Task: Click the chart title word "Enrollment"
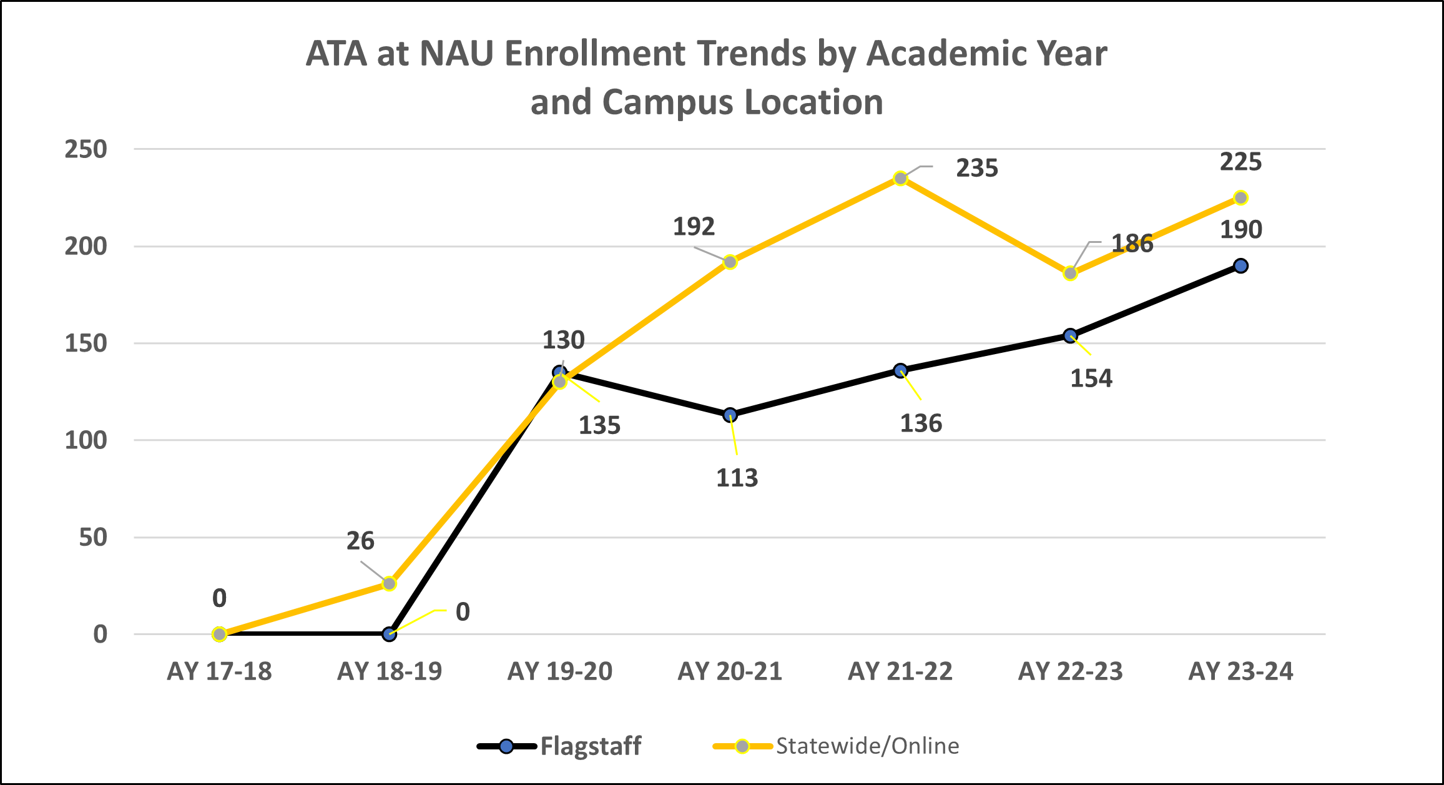click(595, 54)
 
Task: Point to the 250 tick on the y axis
click(86, 149)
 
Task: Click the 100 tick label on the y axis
click(86, 440)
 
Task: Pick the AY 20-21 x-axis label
click(730, 671)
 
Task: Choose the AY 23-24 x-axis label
click(1240, 671)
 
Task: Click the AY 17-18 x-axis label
click(219, 671)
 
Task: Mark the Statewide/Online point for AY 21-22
click(900, 179)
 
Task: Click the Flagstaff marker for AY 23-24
click(1241, 266)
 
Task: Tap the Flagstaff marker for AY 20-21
click(730, 415)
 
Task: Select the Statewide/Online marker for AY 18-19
click(390, 584)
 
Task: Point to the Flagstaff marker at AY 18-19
click(390, 634)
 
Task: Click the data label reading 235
click(977, 169)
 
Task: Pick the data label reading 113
click(737, 478)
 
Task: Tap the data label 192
click(694, 227)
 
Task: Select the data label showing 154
click(1091, 378)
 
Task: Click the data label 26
click(360, 541)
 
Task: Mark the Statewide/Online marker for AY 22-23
click(1071, 274)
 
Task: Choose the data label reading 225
click(1240, 162)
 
